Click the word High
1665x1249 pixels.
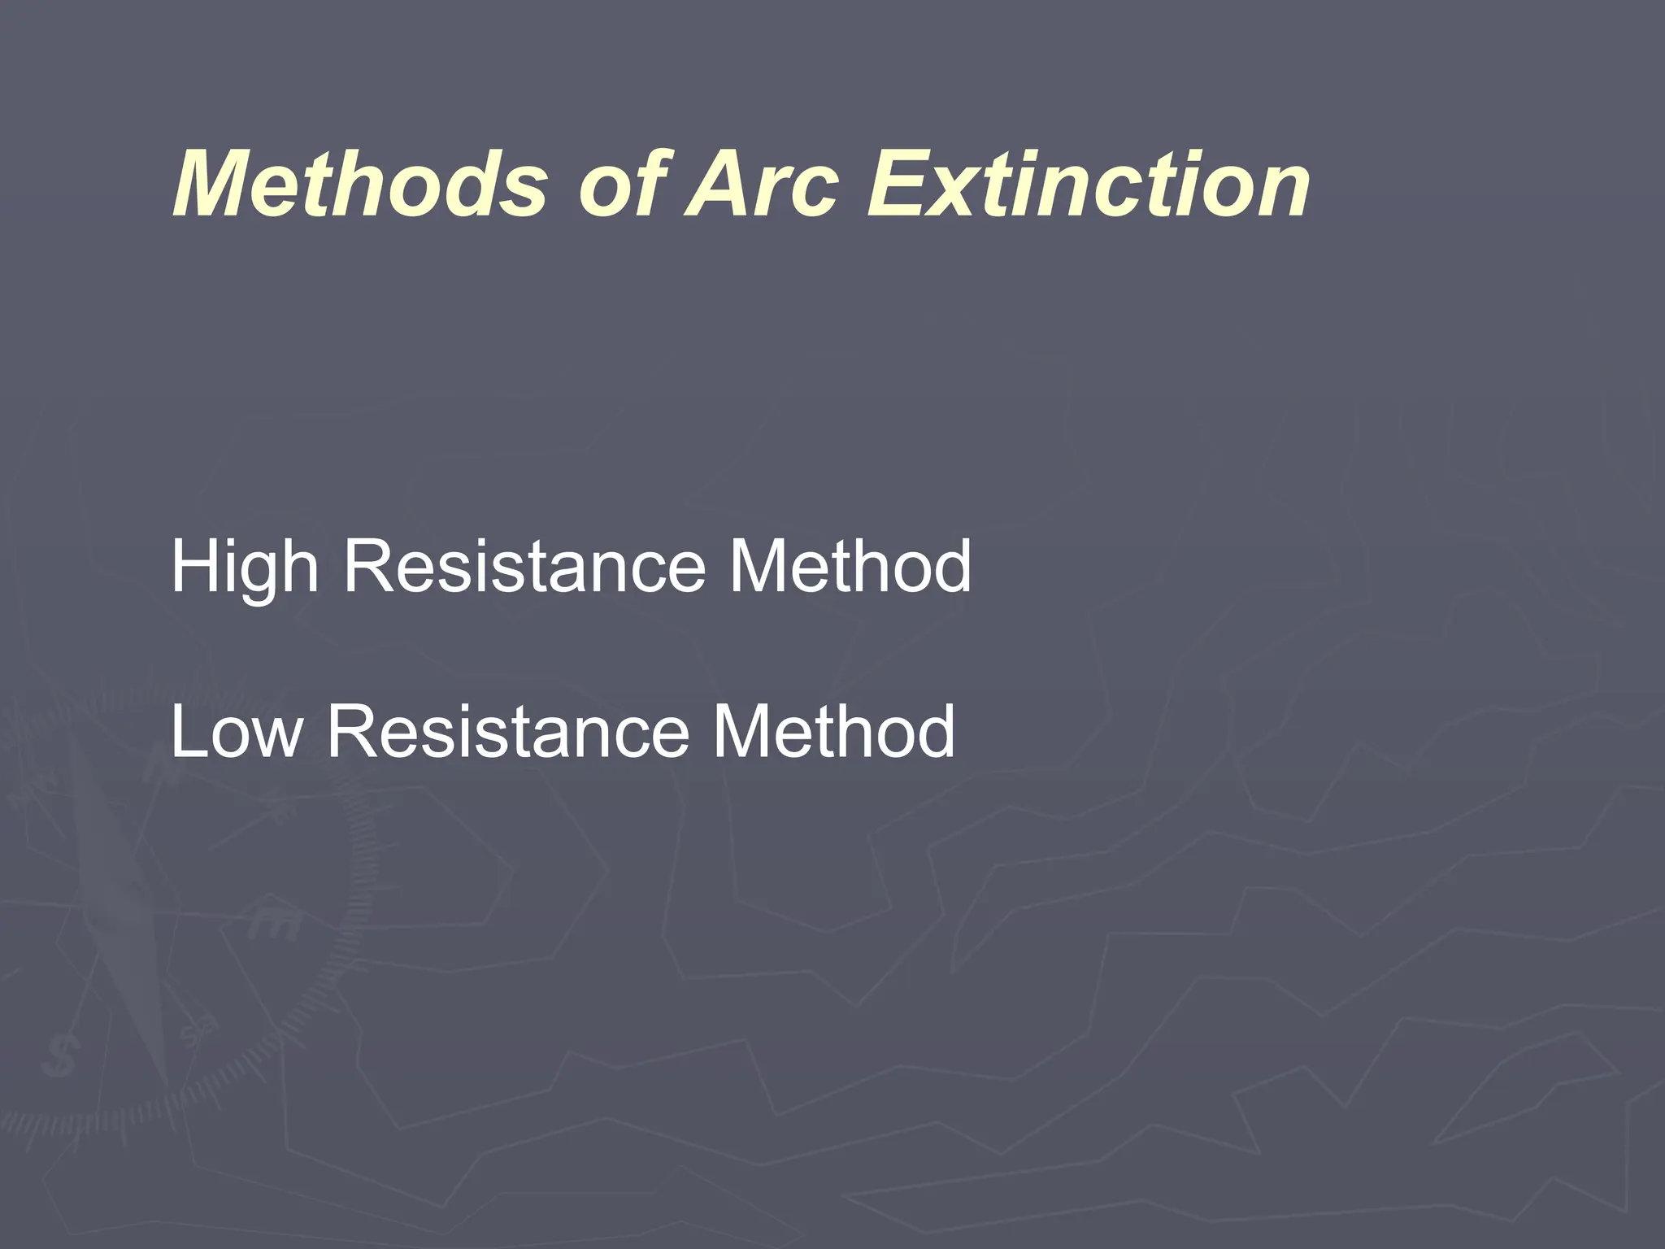(243, 567)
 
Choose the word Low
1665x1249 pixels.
(236, 732)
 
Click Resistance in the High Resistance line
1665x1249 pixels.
(525, 567)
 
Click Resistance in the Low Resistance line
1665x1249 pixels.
(509, 732)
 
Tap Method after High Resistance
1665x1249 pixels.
(849, 567)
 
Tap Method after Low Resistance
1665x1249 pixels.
(832, 732)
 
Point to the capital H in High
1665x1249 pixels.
(195, 567)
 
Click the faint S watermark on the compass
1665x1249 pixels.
(61, 1057)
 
